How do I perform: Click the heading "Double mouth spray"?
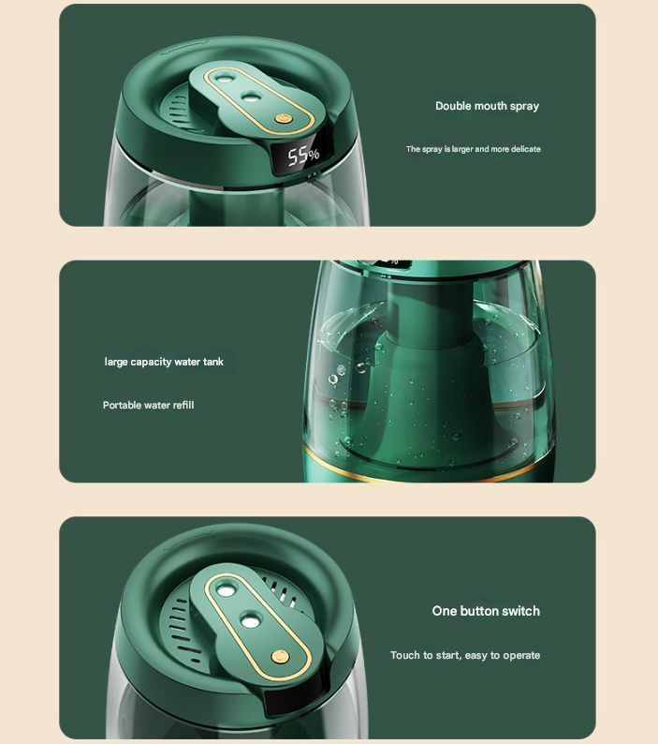click(487, 106)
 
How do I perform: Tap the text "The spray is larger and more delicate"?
click(473, 149)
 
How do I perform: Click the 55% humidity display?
click(303, 156)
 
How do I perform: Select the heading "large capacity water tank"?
click(164, 362)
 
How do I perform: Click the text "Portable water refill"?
click(148, 405)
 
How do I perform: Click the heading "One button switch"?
click(486, 611)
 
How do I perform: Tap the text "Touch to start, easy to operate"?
click(464, 655)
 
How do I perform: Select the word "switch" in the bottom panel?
click(520, 611)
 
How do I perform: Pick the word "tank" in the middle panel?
click(213, 362)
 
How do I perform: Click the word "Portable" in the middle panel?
click(122, 405)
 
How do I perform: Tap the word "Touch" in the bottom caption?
click(404, 655)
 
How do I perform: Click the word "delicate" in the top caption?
click(524, 149)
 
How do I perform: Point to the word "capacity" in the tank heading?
click(151, 362)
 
